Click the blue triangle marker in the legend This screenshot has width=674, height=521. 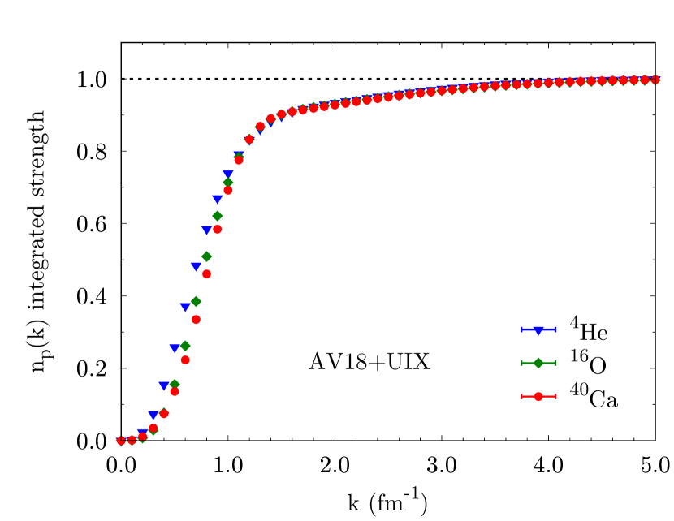coord(538,330)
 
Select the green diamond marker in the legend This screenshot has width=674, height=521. coord(538,363)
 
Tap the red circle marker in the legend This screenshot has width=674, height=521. coord(538,396)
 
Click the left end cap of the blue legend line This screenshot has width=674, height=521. coord(522,329)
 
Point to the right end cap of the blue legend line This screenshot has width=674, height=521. coord(555,329)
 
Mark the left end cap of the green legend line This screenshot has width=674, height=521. coord(522,363)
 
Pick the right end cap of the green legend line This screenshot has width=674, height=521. coord(555,363)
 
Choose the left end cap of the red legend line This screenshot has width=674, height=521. coord(522,396)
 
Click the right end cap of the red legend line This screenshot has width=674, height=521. coord(555,396)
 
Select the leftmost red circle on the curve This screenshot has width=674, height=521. coord(121,440)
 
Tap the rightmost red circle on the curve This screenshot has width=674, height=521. coord(655,80)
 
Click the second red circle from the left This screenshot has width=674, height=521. coord(132,440)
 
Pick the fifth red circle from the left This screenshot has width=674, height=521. coord(164,414)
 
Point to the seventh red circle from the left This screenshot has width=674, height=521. coord(185,360)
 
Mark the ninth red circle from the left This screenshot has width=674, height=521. coord(206,274)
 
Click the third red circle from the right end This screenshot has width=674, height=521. coord(634,80)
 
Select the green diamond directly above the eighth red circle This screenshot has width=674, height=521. coord(196,301)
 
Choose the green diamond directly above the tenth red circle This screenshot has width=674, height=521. coord(217,216)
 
